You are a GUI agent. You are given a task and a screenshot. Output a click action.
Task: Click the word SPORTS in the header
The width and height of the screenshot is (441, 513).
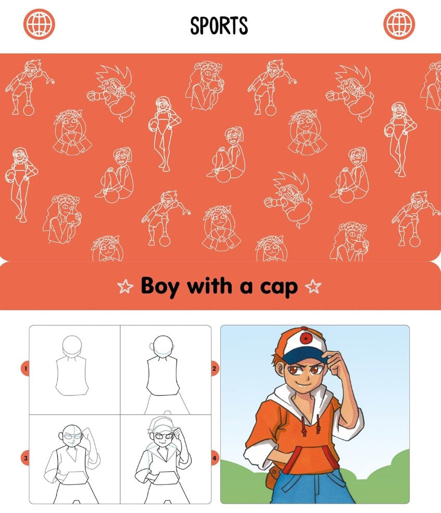[x=219, y=25]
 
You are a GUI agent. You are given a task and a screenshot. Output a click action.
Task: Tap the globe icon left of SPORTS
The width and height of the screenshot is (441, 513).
[x=39, y=24]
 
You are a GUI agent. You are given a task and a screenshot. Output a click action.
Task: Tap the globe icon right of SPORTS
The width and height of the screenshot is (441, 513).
[x=399, y=24]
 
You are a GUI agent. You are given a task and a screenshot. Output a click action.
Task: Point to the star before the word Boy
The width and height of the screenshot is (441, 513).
[x=125, y=286]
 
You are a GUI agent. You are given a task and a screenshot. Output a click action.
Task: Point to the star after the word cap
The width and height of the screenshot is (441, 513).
[x=313, y=286]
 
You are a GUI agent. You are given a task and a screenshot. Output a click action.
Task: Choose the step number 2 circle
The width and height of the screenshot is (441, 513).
[x=214, y=369]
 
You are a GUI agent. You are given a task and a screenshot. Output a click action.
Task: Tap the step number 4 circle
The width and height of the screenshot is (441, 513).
[x=214, y=459]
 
